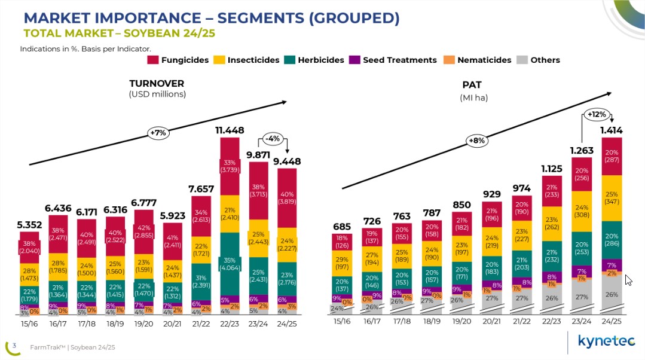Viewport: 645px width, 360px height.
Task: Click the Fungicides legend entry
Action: pos(178,60)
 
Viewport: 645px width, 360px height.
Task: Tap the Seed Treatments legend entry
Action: pos(393,60)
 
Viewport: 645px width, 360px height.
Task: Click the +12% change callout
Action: pos(596,114)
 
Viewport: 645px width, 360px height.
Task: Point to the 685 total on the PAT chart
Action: pos(342,226)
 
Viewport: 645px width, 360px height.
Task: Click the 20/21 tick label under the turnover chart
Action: pos(173,323)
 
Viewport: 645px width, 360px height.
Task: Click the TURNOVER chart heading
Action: pos(157,84)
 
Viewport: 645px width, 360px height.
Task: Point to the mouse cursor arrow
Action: pos(628,279)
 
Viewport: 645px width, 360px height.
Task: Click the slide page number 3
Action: pos(14,345)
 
